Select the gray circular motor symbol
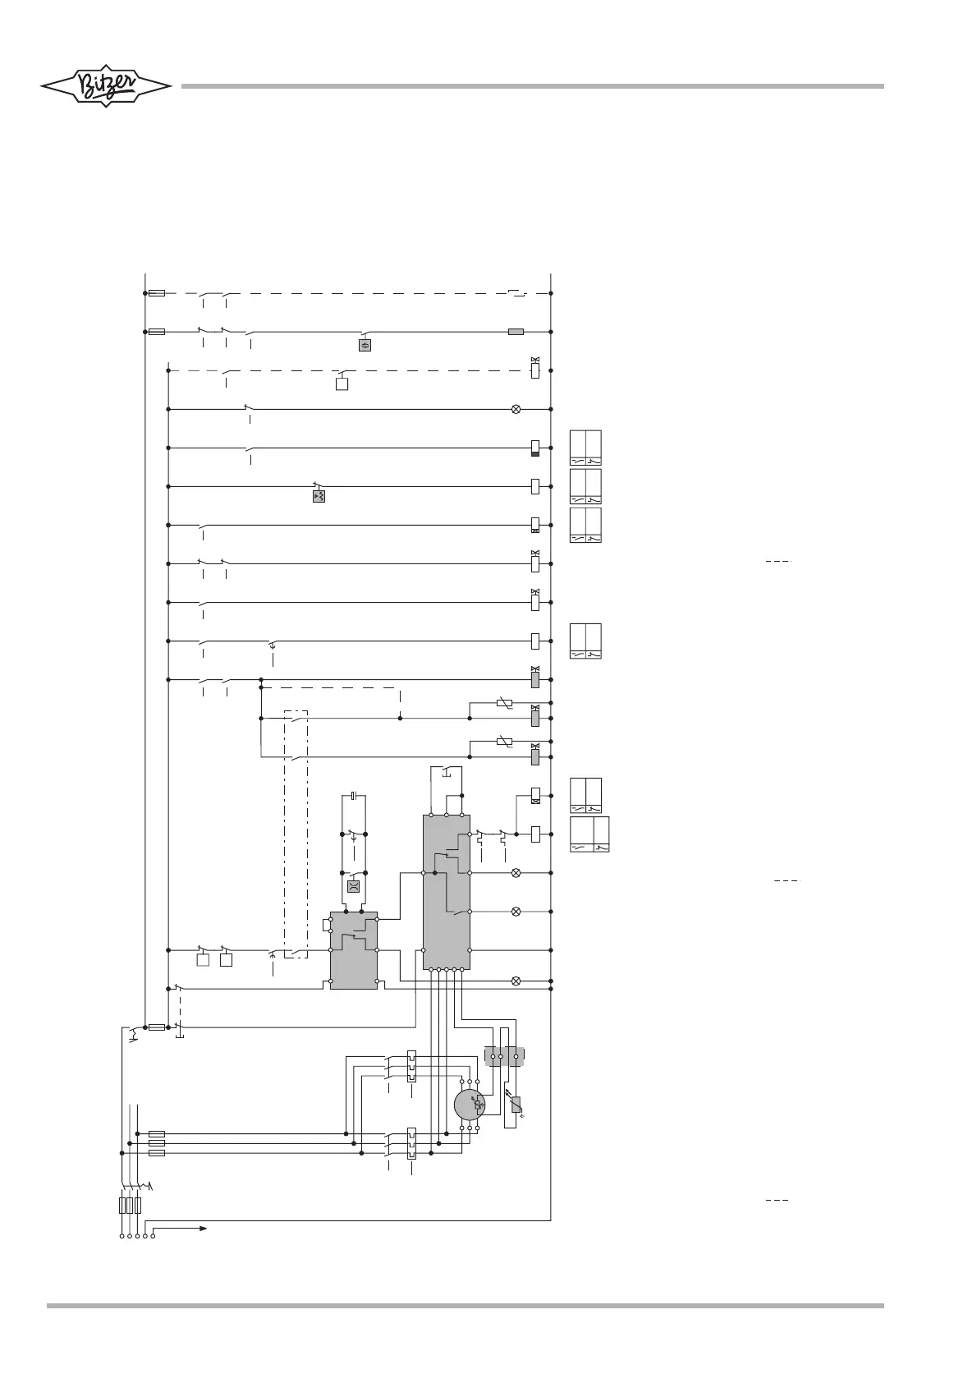click(x=470, y=1105)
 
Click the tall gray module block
click(x=446, y=891)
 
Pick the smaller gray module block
click(x=353, y=950)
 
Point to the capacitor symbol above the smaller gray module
click(x=353, y=795)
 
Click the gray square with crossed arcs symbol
click(x=353, y=886)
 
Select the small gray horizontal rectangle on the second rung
click(x=516, y=332)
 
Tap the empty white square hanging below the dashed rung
click(x=342, y=384)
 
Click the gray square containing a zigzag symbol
click(x=365, y=345)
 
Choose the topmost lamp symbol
click(x=516, y=409)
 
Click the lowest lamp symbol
click(x=516, y=981)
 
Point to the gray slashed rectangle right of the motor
click(x=516, y=1106)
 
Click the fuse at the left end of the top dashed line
click(x=158, y=293)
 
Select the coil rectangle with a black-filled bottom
click(x=535, y=448)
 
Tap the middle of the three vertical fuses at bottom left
click(x=130, y=1206)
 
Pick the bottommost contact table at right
click(x=589, y=834)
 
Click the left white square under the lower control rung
click(x=203, y=960)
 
